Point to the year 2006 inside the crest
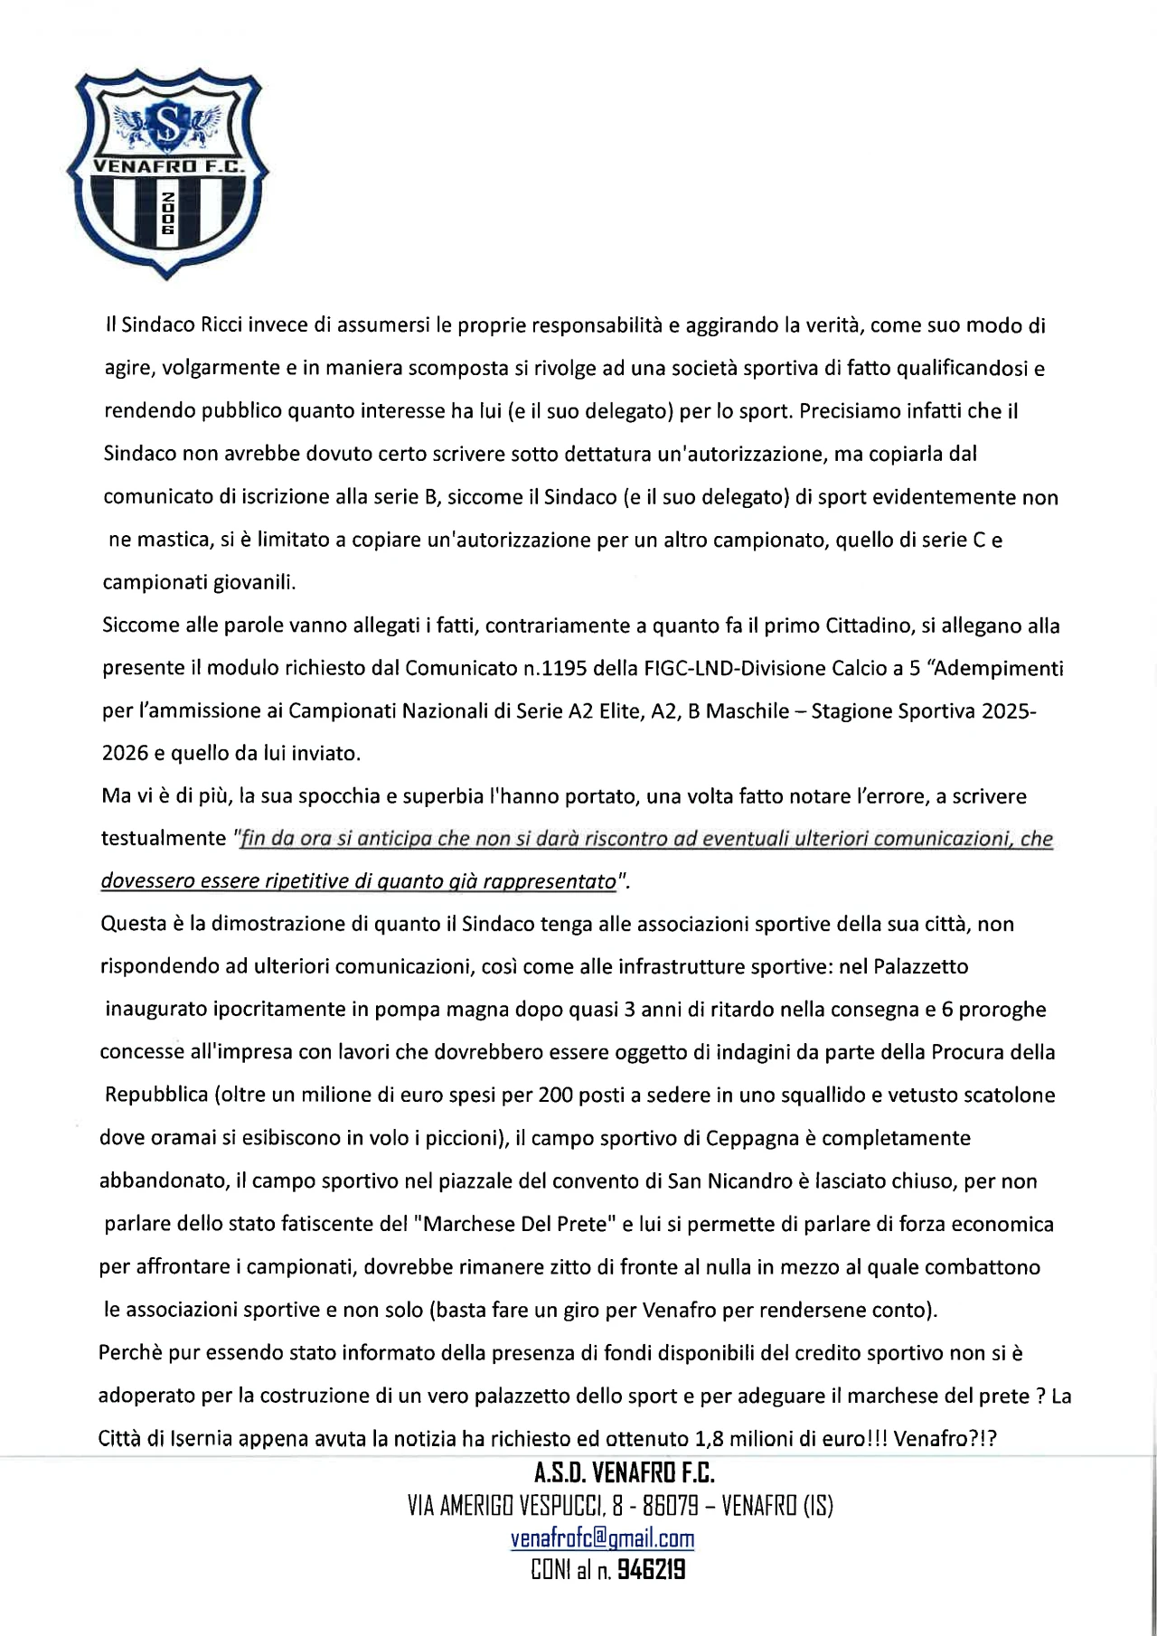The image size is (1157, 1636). [x=167, y=213]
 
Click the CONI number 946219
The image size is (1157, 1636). [x=652, y=1572]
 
